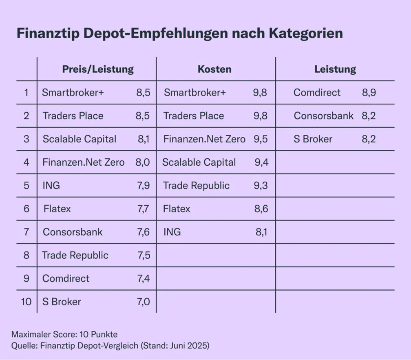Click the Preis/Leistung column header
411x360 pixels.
pyautogui.click(x=98, y=69)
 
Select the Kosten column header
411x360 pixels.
pyautogui.click(x=214, y=69)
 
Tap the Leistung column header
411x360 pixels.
pyautogui.click(x=335, y=69)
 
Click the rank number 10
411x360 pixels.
pyautogui.click(x=26, y=302)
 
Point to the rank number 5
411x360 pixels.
pyautogui.click(x=27, y=185)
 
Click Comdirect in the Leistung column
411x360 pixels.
pyautogui.click(x=317, y=93)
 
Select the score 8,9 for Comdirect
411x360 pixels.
pyautogui.click(x=369, y=93)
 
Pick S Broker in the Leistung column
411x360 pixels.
pyautogui.click(x=313, y=139)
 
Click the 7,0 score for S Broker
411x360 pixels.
pyautogui.click(x=144, y=302)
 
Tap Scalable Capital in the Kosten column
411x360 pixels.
pyautogui.click(x=199, y=162)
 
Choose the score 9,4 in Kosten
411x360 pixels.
pyautogui.click(x=261, y=162)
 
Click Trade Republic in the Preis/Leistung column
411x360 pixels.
pyautogui.click(x=75, y=256)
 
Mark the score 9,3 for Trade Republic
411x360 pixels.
pyautogui.click(x=261, y=186)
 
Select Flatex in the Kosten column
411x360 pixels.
pyautogui.click(x=177, y=209)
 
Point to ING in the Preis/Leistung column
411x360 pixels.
pyautogui.click(x=51, y=186)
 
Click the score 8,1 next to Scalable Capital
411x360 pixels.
pyautogui.click(x=144, y=139)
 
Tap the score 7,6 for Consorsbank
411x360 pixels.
pyautogui.click(x=144, y=232)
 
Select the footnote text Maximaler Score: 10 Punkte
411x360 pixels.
pyautogui.click(x=64, y=334)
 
